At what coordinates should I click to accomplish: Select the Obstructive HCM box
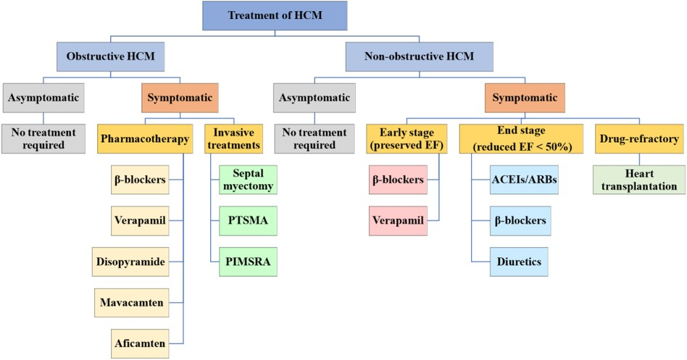[111, 56]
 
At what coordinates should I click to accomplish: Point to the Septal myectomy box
[248, 179]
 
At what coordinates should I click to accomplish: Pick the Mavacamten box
[132, 300]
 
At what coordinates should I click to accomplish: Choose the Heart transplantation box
[638, 180]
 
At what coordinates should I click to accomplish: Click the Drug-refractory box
[638, 138]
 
